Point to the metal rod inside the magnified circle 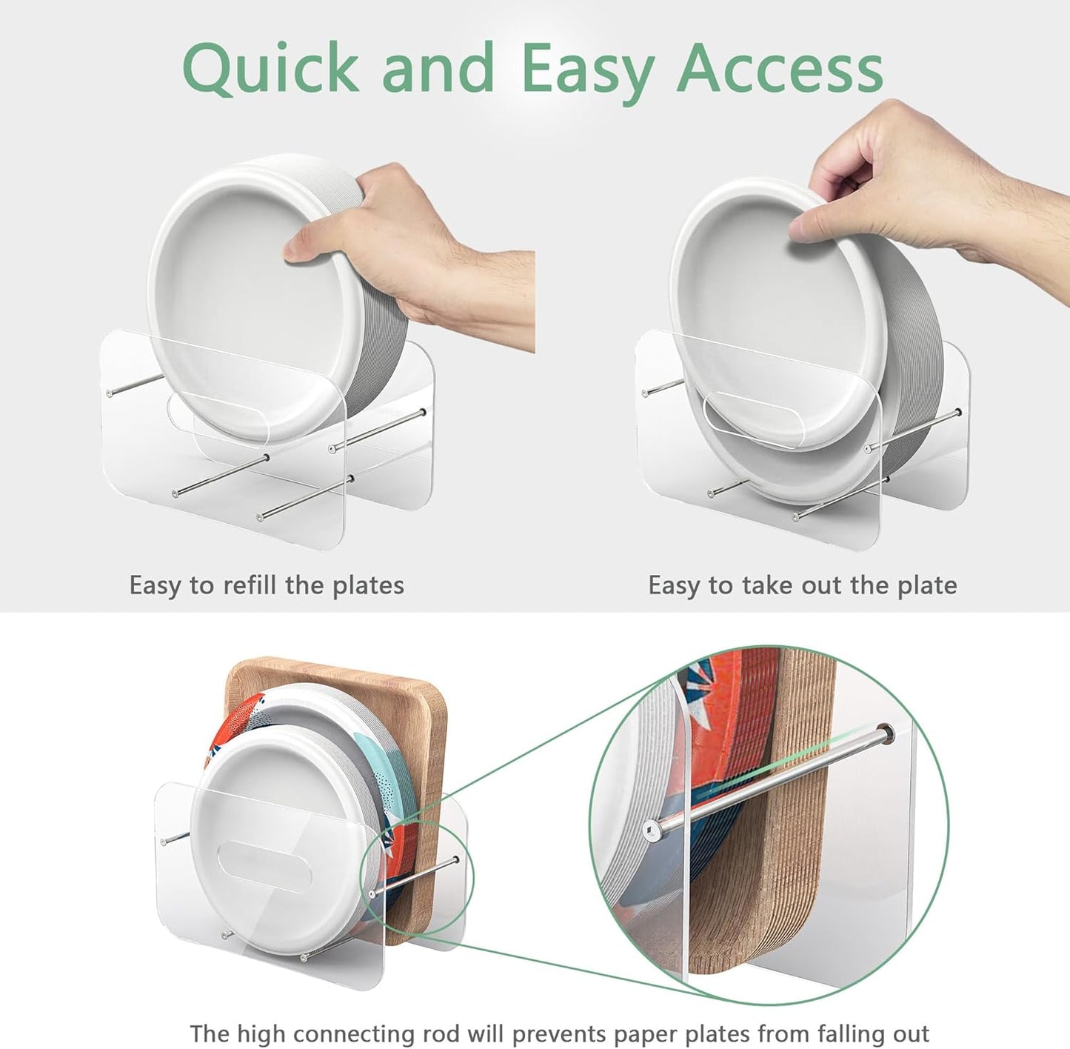[x=769, y=780]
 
